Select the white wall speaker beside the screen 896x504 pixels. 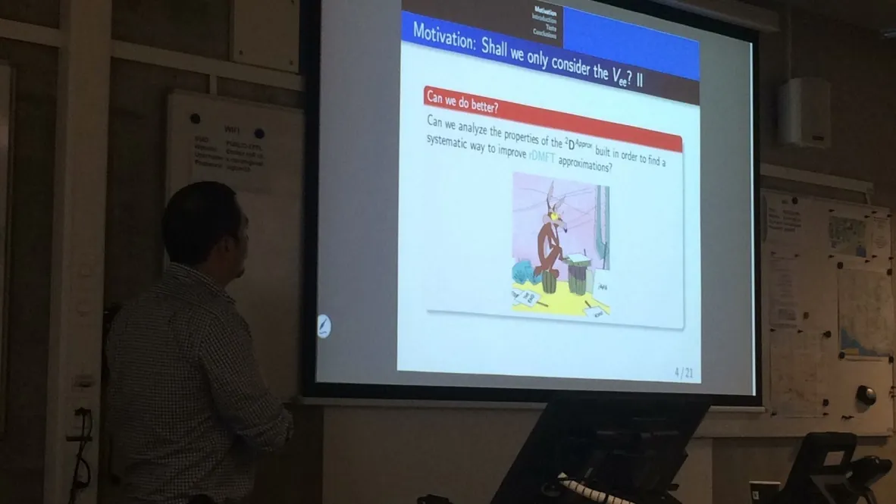pos(804,112)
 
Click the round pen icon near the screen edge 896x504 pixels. pos(324,326)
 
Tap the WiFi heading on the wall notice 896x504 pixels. pos(232,131)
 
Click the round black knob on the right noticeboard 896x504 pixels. pos(866,394)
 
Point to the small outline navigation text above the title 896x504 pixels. pos(545,19)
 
